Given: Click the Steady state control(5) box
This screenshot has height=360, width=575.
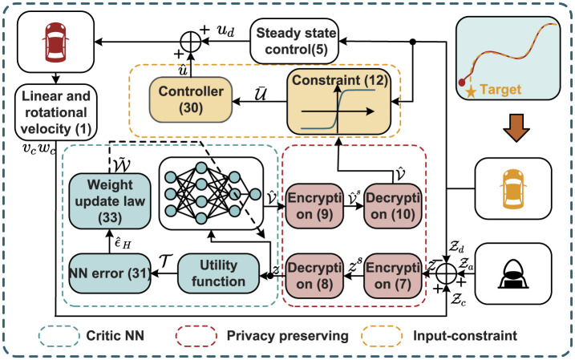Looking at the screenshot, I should click(295, 35).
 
